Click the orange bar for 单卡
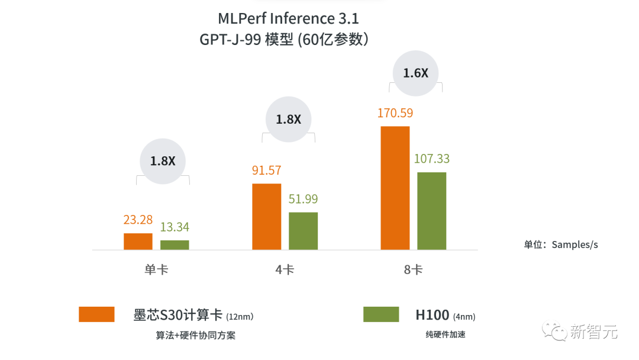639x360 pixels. [x=138, y=242]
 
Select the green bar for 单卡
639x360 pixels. [x=175, y=245]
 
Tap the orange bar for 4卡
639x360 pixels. [x=267, y=217]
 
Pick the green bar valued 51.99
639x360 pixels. [x=303, y=231]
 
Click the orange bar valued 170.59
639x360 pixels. [x=395, y=188]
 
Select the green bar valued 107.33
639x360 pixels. [x=432, y=211]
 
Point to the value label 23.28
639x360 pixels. [x=138, y=220]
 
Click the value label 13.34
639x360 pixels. [x=175, y=227]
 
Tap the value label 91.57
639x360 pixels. [x=267, y=171]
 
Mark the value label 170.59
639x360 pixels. [x=395, y=112]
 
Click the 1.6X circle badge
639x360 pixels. [x=415, y=73]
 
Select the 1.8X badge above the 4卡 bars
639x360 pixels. [x=288, y=119]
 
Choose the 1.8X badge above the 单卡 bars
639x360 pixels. [x=163, y=161]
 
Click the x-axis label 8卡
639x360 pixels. [x=413, y=270]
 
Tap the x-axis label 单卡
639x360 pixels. [x=156, y=270]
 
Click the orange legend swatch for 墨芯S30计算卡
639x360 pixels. [x=96, y=314]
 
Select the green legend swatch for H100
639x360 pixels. [x=381, y=314]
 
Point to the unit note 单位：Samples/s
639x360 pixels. [x=560, y=245]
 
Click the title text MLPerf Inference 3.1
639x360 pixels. [x=288, y=18]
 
